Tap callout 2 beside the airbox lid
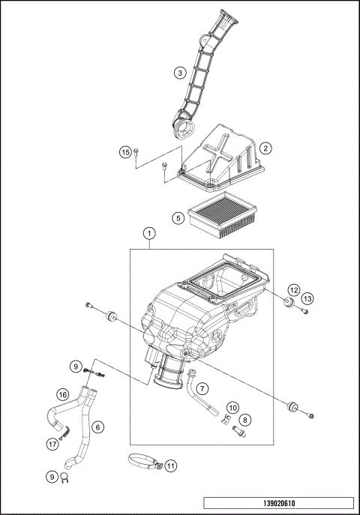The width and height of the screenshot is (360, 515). [x=265, y=149]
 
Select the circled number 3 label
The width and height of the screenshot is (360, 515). [x=179, y=73]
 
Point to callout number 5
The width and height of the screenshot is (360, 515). [x=178, y=218]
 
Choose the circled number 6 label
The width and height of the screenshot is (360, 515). [x=97, y=427]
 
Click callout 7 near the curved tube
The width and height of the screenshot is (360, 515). [x=204, y=388]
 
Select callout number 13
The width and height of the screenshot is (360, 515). [x=307, y=298]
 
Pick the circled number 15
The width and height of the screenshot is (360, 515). [x=126, y=152]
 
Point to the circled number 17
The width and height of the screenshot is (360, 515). [x=52, y=444]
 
